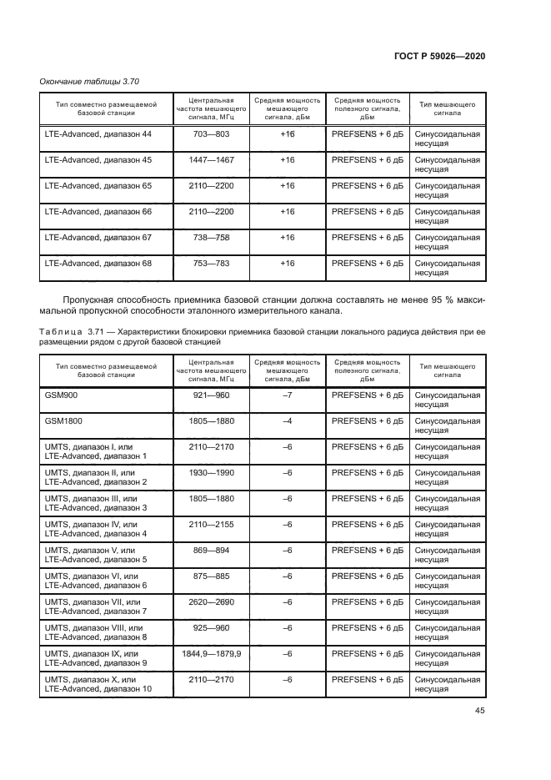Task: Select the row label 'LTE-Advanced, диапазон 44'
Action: (x=98, y=133)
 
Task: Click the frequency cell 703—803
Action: (x=211, y=133)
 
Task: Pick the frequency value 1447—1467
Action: (x=211, y=159)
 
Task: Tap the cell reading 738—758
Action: (x=211, y=237)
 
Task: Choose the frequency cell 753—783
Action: (x=211, y=263)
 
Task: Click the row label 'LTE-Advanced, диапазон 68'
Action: (x=98, y=263)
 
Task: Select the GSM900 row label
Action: (x=62, y=395)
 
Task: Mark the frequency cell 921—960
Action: (x=211, y=395)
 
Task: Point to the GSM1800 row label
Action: (x=65, y=421)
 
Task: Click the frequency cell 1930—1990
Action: (x=211, y=473)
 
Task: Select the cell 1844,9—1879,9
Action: (x=211, y=654)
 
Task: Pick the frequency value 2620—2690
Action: (x=211, y=602)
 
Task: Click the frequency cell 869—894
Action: (x=211, y=551)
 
